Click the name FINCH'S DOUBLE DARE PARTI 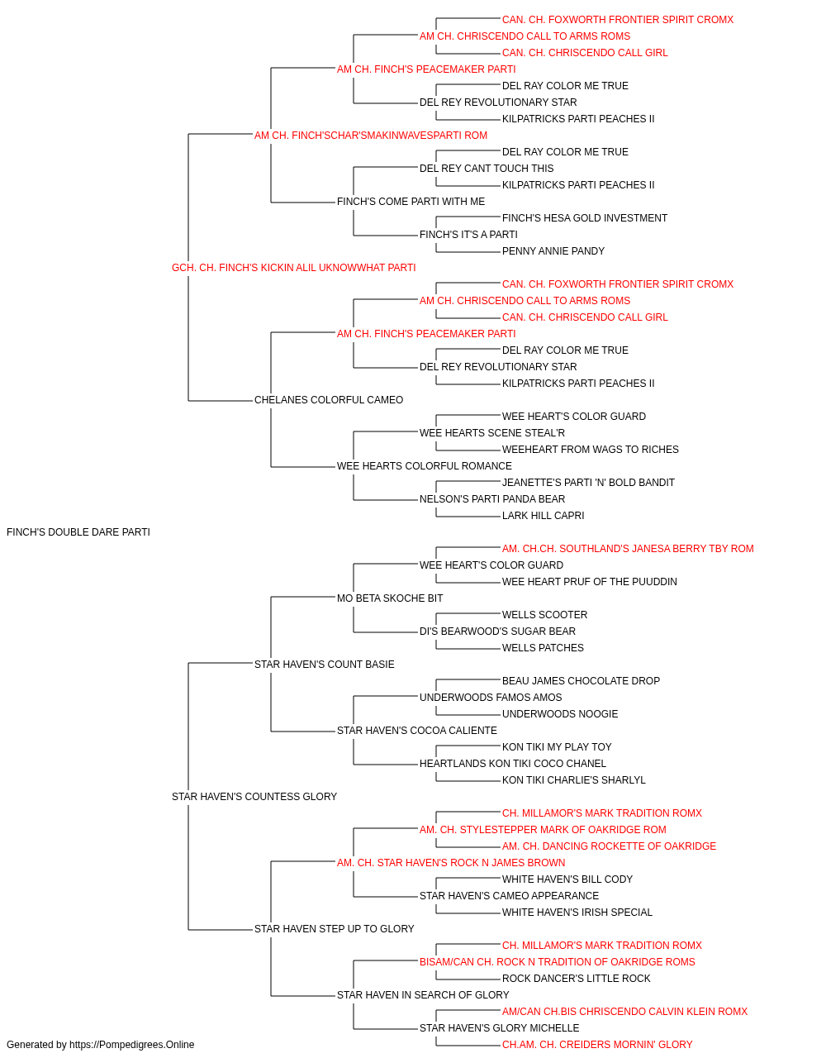(78, 532)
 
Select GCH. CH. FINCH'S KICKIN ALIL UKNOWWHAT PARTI (294, 268)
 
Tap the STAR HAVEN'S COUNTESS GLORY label (254, 797)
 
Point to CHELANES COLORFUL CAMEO (329, 400)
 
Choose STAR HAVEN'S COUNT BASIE (325, 664)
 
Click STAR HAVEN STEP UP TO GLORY (335, 928)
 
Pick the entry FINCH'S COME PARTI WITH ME (411, 202)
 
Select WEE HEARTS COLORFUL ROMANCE (425, 466)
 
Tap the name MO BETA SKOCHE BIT (390, 598)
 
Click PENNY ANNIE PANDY (553, 251)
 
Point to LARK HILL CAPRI (544, 516)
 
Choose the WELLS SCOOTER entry (545, 614)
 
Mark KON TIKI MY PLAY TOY (557, 747)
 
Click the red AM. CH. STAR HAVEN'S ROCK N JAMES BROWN (451, 863)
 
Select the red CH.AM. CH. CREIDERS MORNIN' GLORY (597, 1045)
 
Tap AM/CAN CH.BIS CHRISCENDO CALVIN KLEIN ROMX (624, 1011)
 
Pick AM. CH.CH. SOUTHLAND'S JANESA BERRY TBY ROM (628, 549)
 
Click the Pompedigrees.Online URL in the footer (132, 1045)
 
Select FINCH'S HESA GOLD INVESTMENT (585, 218)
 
